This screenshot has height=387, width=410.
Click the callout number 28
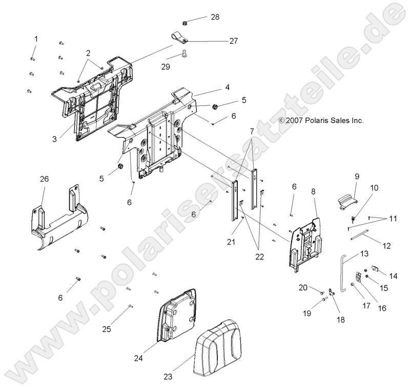click(215, 17)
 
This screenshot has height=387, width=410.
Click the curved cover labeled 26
click(56, 218)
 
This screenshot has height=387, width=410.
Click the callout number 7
click(251, 132)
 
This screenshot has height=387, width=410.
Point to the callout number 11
click(393, 219)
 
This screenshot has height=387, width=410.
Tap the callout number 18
click(339, 319)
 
